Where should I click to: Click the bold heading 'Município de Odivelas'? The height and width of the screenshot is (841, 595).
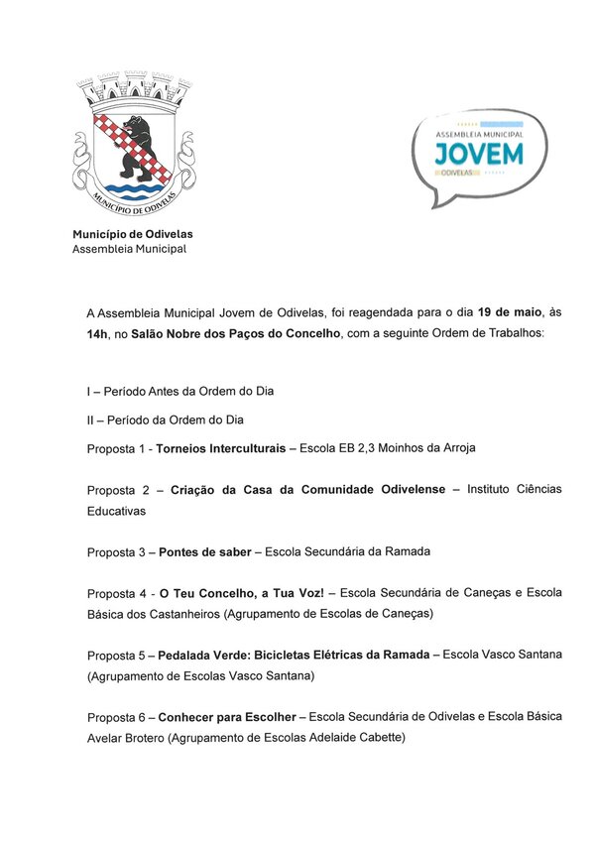coord(133,234)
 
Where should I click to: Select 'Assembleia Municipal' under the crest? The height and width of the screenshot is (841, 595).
coord(129,249)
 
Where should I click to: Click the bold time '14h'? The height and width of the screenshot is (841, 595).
coord(99,333)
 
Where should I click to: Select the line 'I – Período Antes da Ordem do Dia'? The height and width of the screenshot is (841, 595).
coord(179,391)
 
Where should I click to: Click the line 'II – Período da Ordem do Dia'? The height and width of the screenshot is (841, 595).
coord(165,420)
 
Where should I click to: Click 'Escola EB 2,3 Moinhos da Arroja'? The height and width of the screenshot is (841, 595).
coord(382,448)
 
